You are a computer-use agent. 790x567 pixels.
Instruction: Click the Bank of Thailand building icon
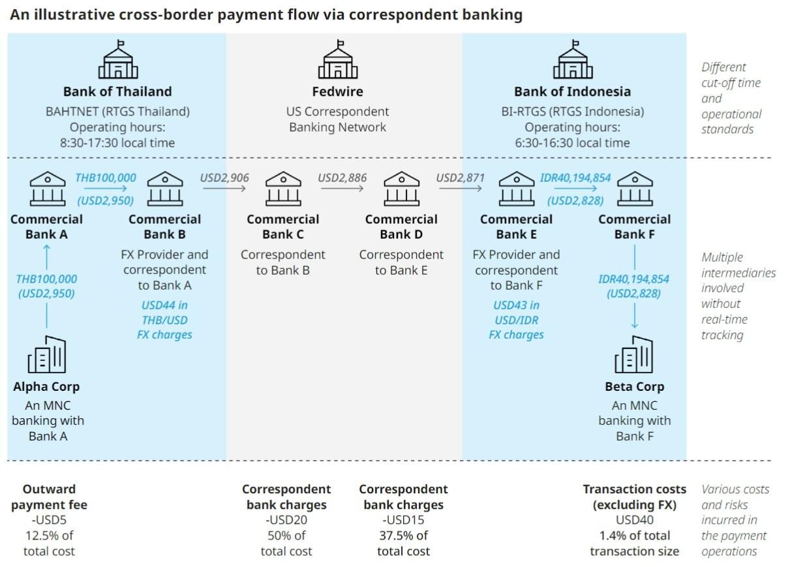pos(117,60)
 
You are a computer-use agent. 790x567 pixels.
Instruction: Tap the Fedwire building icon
pos(337,60)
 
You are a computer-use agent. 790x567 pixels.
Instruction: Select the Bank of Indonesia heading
pos(572,91)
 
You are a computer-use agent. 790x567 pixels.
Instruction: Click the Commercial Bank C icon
pos(283,189)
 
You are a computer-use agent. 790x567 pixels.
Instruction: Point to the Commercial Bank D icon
pos(401,189)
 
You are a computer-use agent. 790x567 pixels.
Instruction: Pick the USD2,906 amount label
pos(224,177)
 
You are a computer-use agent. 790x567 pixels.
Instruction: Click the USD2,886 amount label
pos(342,177)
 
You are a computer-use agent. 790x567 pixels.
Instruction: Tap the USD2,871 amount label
pos(460,177)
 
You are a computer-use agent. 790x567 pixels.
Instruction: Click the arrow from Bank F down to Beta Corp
pos(634,313)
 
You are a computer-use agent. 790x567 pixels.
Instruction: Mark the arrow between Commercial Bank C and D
pos(342,189)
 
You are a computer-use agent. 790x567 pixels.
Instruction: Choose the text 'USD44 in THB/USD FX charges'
pos(164,320)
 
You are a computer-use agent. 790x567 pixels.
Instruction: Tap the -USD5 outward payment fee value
pos(49,520)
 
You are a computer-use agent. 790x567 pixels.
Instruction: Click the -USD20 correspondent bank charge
pos(286,520)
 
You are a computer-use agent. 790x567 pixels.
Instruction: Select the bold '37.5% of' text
pos(403,536)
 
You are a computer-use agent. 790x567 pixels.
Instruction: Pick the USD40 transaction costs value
pos(634,520)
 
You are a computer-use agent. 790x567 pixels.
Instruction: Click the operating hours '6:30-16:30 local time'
pos(572,143)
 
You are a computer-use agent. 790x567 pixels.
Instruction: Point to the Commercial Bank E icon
pos(516,189)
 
